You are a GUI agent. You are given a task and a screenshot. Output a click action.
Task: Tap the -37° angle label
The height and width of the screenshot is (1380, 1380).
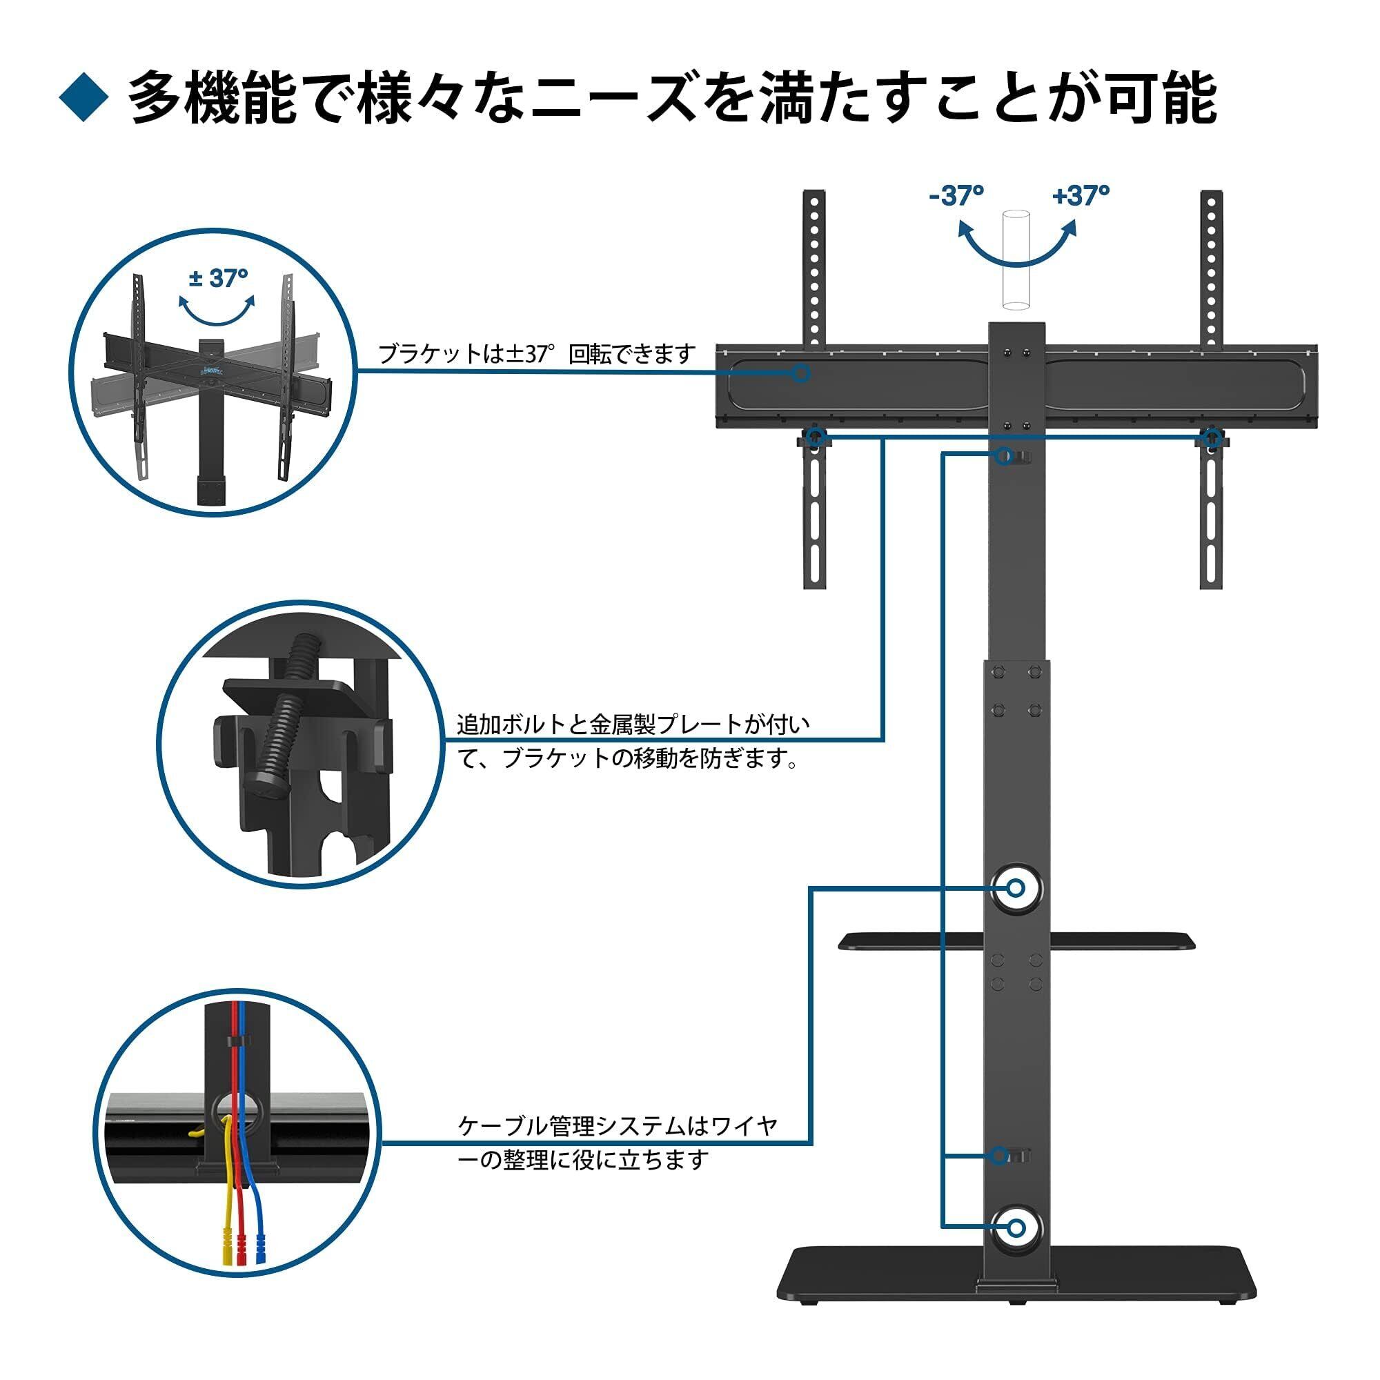point(956,195)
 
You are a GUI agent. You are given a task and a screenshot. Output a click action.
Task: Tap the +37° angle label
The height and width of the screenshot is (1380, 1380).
point(1081,195)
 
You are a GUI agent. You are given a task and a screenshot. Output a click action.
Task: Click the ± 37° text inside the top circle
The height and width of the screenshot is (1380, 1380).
point(219,278)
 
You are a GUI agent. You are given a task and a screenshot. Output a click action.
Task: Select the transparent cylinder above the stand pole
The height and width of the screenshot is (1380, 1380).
point(1016,260)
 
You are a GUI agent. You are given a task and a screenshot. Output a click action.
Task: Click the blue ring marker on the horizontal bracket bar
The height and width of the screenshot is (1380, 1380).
point(801,373)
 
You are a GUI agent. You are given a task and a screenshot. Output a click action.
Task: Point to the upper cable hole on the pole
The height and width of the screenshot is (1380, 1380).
point(1016,889)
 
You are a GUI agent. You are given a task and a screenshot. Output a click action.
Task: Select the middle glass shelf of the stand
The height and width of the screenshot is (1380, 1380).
point(1017,941)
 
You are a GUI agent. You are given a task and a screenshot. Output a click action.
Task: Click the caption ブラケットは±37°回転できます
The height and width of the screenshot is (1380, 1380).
point(536,354)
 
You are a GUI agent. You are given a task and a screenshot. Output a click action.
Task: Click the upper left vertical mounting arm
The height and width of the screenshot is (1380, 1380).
point(815,268)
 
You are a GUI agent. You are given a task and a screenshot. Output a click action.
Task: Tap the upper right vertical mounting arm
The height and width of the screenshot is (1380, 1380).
point(1212,268)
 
